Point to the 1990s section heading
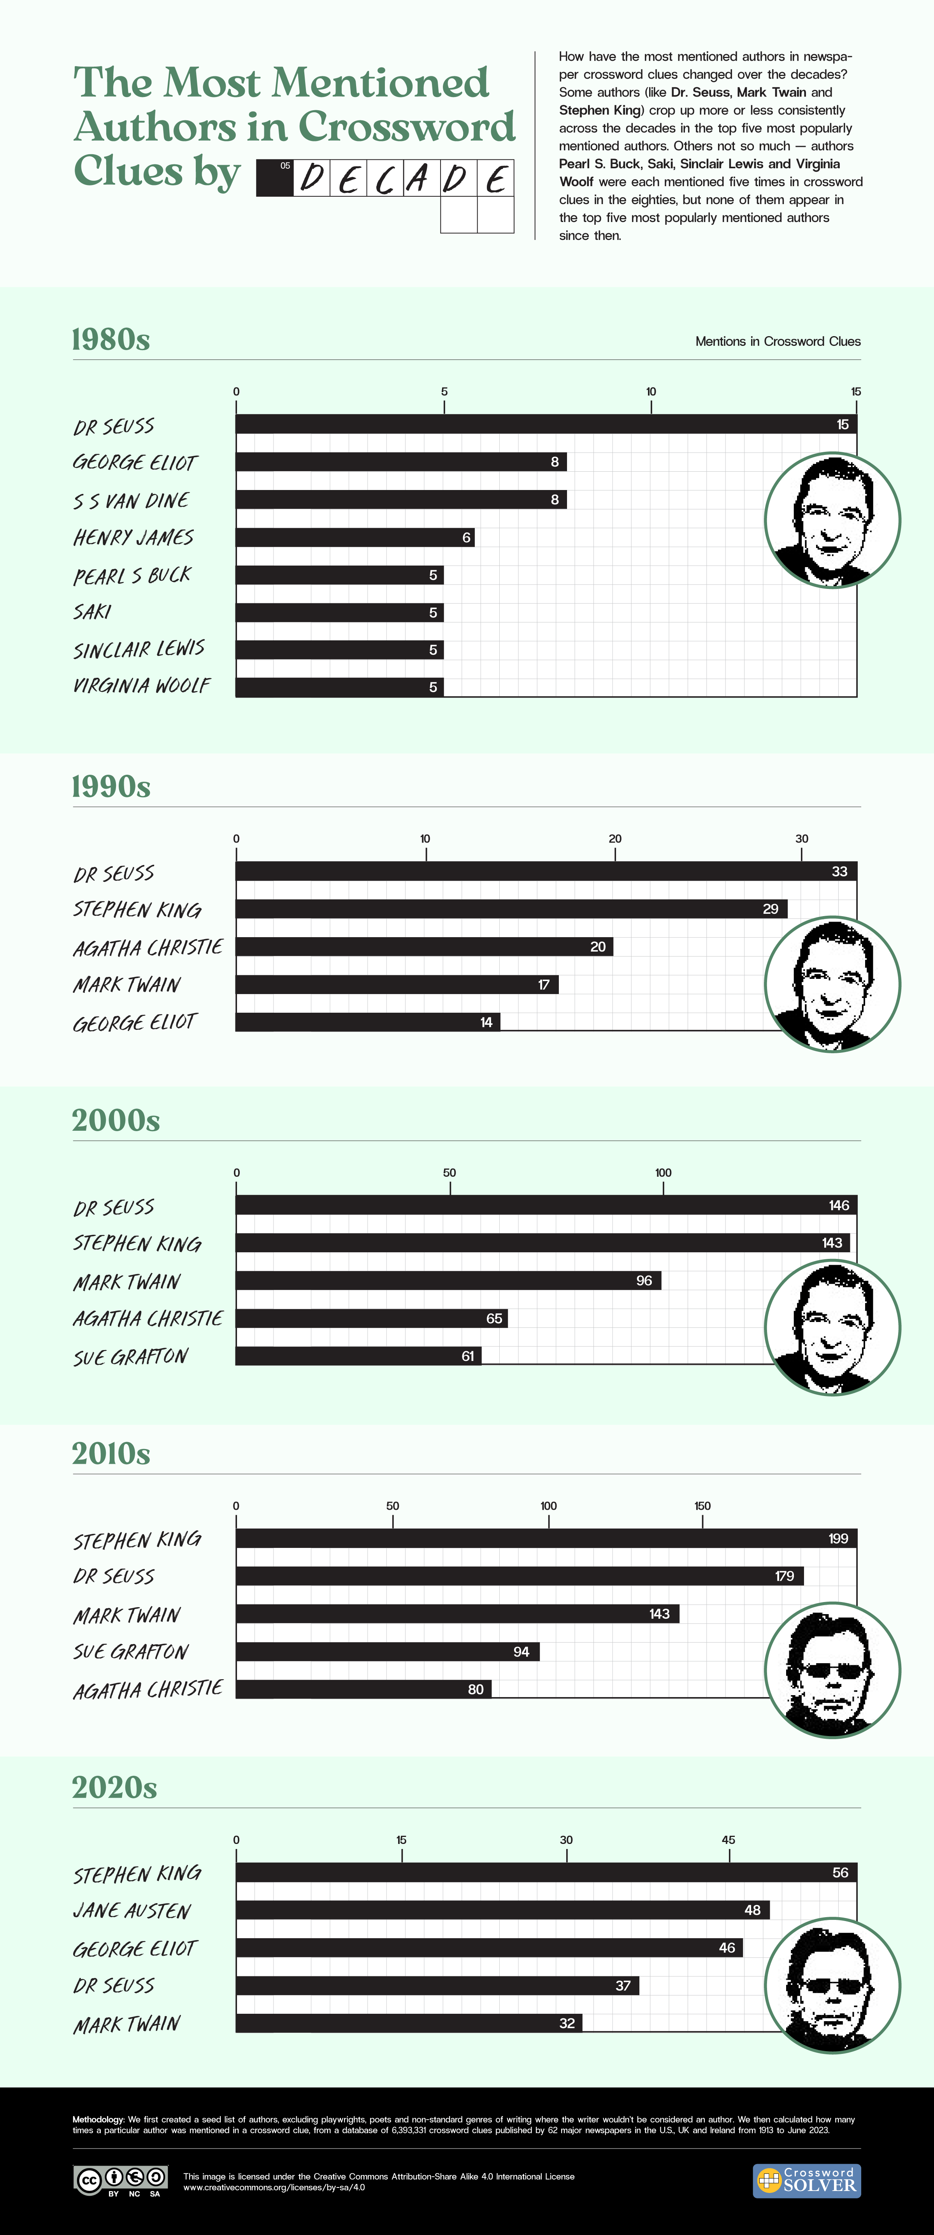[111, 786]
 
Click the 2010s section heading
[111, 1453]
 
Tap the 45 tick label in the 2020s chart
[729, 1839]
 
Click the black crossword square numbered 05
[275, 178]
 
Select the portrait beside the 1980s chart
[832, 520]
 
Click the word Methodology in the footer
[98, 2119]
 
